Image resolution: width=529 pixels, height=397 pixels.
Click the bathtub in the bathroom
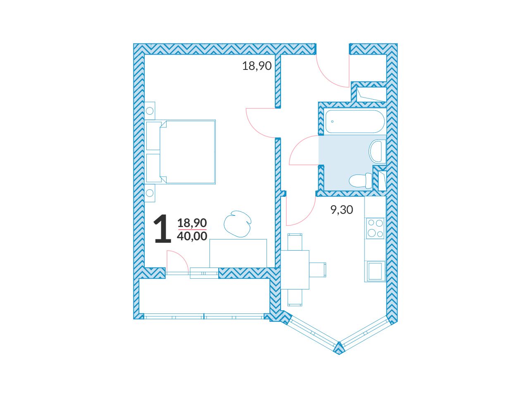coord(355,122)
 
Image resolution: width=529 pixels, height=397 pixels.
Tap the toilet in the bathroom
coord(360,181)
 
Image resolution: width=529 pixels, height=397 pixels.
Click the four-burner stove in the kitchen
coord(375,228)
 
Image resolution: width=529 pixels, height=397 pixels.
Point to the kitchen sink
coord(375,271)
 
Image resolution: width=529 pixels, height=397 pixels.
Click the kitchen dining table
coord(295,270)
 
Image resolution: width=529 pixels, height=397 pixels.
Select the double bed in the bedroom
coord(180,152)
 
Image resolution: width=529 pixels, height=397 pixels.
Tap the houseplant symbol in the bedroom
coord(237,224)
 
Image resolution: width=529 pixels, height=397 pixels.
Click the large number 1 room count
coord(163,228)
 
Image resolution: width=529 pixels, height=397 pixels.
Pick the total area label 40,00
coord(192,236)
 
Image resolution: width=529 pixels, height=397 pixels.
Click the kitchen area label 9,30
coord(342,210)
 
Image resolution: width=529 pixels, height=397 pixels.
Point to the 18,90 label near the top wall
coord(257,66)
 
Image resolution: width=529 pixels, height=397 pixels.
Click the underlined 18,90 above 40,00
coord(192,223)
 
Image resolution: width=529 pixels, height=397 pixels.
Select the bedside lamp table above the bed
coord(150,111)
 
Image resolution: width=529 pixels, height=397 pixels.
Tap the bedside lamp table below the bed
coord(150,193)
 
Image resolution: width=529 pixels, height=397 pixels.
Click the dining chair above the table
coord(295,242)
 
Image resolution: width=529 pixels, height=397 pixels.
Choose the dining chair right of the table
coord(318,270)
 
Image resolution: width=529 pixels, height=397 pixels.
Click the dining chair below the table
coord(295,298)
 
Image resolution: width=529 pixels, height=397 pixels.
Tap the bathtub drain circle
coord(332,122)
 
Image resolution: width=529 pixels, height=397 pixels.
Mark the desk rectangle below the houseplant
coord(238,253)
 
